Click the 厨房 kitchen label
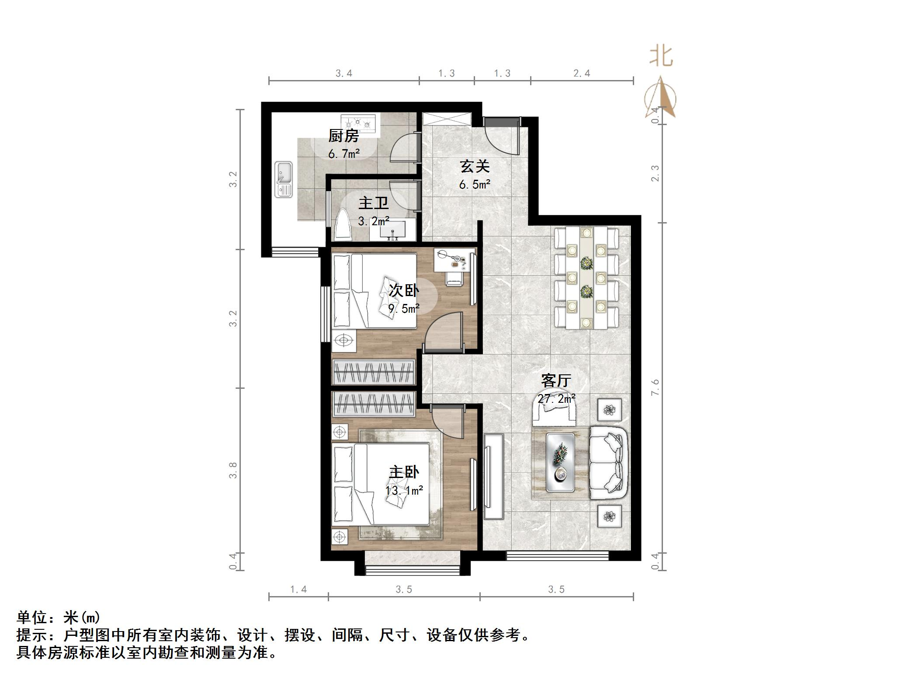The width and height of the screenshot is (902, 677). tap(343, 136)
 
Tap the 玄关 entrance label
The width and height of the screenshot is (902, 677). tap(474, 167)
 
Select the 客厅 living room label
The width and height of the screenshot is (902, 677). tap(556, 380)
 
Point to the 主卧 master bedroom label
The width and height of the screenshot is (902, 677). tap(404, 472)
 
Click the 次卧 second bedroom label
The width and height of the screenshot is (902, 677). tap(404, 291)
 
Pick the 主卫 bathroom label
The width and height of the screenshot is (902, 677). tap(373, 203)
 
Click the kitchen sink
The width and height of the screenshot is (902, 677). tap(284, 180)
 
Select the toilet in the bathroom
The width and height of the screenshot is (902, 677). tap(343, 226)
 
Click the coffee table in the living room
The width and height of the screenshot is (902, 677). tap(560, 463)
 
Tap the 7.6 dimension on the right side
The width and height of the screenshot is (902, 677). tap(655, 387)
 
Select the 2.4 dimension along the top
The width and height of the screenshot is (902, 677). tap(582, 73)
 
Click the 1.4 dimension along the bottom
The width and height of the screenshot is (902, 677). tap(298, 590)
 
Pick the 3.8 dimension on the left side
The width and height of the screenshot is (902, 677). tap(233, 470)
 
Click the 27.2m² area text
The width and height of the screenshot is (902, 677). tap(556, 399)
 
